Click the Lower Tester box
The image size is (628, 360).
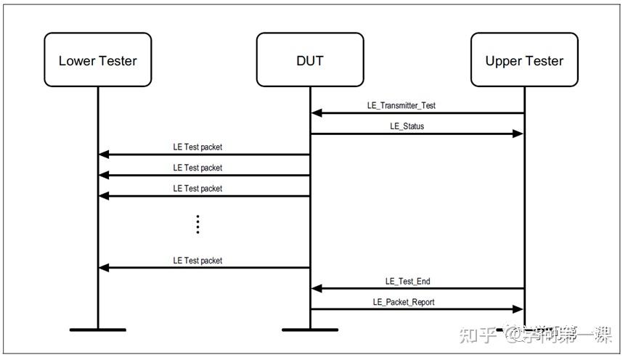(x=98, y=60)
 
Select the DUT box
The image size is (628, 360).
(x=310, y=60)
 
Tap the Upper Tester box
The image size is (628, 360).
(x=524, y=60)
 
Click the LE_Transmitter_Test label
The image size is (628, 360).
(x=401, y=105)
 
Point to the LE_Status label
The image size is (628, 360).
(x=407, y=126)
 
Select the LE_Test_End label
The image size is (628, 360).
(x=407, y=281)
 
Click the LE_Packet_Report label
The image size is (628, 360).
(x=404, y=302)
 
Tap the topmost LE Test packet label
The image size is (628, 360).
(x=197, y=147)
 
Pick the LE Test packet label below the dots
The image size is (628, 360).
(x=197, y=260)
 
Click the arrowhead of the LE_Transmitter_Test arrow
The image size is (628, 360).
(x=317, y=113)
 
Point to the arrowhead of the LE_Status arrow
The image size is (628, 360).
(x=518, y=134)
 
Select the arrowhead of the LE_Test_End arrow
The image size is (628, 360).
(x=317, y=289)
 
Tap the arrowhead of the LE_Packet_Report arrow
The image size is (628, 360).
(x=518, y=309)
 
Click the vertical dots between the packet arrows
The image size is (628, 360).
(x=197, y=224)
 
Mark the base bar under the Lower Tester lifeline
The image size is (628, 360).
(x=98, y=330)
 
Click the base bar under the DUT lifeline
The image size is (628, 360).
(x=310, y=330)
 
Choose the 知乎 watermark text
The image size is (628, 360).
(x=481, y=335)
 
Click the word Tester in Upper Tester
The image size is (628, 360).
(x=544, y=60)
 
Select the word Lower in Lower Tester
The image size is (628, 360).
(x=77, y=60)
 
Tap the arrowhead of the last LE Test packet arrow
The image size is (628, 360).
(x=104, y=268)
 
